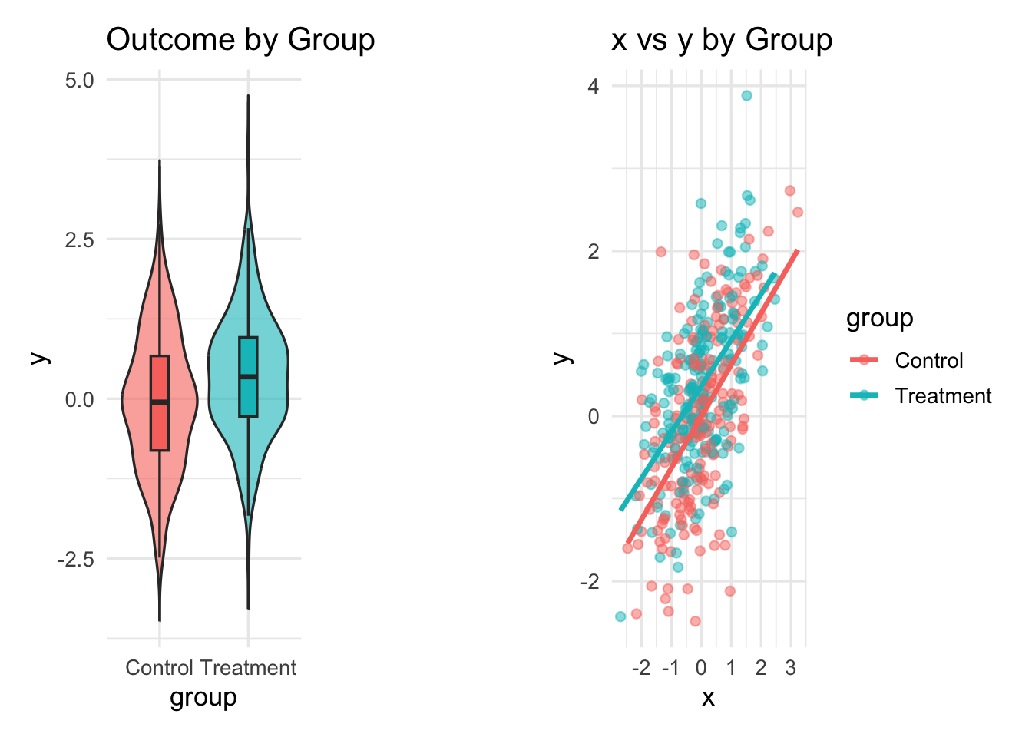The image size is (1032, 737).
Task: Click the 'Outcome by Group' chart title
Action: [x=240, y=40]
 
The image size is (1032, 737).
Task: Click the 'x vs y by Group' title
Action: [x=721, y=40]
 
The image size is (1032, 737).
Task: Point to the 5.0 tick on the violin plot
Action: [x=80, y=80]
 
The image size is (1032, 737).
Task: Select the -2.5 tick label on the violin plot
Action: [x=76, y=559]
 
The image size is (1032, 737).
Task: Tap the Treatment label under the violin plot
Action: [x=248, y=668]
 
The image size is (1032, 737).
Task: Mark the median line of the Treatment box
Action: [x=248, y=376]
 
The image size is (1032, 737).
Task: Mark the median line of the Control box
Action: [x=159, y=402]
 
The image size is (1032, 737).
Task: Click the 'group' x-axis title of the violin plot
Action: [x=203, y=697]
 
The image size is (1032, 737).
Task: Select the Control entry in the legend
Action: [x=928, y=360]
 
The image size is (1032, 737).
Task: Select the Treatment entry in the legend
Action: [x=943, y=396]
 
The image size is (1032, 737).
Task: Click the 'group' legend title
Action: [x=879, y=318]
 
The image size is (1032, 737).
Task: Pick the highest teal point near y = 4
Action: [x=746, y=96]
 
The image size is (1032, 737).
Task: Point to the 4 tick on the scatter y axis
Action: [x=593, y=86]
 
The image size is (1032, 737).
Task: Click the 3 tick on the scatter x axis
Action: [x=791, y=668]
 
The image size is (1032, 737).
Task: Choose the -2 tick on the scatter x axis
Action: [x=640, y=668]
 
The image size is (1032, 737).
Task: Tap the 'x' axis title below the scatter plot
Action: [x=708, y=697]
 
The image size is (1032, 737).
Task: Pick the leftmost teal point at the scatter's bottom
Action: [x=620, y=616]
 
